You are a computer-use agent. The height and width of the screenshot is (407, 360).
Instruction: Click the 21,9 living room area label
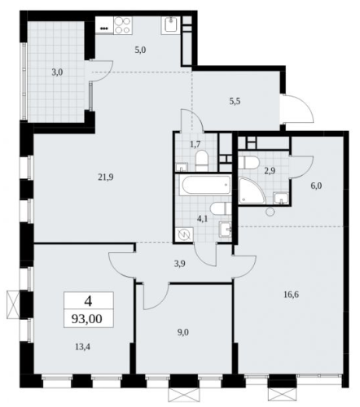[106, 177]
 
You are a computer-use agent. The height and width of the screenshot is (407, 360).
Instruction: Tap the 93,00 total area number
[87, 318]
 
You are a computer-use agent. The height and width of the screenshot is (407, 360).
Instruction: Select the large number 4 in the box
[88, 301]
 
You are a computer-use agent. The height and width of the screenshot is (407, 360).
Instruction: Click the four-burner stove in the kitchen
[123, 25]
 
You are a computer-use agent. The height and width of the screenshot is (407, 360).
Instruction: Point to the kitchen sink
[171, 25]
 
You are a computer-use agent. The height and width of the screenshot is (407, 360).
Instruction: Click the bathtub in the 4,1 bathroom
[207, 186]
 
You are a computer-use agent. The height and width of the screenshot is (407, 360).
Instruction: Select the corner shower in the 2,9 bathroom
[252, 190]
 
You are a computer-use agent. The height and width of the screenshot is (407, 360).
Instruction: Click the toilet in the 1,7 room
[201, 161]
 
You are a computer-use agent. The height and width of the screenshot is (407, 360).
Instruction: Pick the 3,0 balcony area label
[58, 72]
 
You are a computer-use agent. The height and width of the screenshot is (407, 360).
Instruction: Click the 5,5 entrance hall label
[235, 102]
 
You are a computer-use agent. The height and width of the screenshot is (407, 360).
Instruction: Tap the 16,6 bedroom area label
[292, 295]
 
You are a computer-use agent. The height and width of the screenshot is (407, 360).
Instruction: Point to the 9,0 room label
[183, 332]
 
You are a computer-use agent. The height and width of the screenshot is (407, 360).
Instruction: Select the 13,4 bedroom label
[83, 347]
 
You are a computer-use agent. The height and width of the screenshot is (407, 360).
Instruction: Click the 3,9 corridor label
[180, 264]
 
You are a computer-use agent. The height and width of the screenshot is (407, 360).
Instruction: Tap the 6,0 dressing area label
[317, 186]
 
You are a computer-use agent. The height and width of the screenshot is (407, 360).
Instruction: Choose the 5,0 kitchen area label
[140, 50]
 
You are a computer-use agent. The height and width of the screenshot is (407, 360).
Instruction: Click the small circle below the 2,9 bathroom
[270, 212]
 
